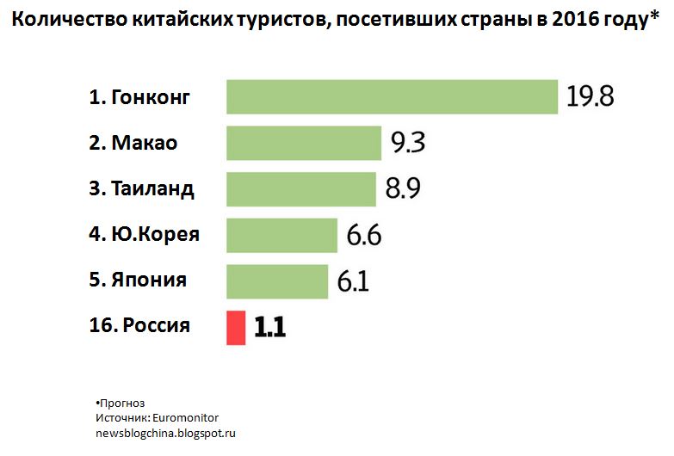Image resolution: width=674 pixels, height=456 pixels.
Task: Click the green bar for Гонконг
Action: pos(392,96)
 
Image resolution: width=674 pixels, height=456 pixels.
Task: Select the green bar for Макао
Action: pos(303,143)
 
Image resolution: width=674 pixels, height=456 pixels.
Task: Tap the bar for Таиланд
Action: pos(300,189)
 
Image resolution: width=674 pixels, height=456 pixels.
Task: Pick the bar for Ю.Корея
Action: pos(281,235)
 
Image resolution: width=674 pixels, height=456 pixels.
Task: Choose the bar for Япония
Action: pos(276,281)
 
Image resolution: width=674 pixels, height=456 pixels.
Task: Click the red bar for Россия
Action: pos(236,328)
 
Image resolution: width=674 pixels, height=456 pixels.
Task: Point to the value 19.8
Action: pos(590,96)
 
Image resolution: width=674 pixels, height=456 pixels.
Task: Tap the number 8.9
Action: pos(403,189)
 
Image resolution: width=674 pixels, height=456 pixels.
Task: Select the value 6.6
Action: pos(363,235)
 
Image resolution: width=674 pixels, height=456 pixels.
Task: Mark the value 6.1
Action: pos(353,281)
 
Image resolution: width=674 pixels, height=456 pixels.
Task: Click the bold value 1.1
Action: pos(269,328)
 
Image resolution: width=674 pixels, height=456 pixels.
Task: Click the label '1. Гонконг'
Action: pos(139,97)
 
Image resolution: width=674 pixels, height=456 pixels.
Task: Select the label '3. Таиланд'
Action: pos(141,189)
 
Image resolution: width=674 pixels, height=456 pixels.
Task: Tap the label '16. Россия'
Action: pos(139,326)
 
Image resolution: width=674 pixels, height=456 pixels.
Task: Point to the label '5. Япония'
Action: pos(138,280)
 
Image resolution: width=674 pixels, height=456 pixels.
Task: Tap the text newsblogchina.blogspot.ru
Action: pos(164,432)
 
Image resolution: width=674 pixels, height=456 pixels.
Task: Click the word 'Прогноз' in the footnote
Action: pos(122,403)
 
